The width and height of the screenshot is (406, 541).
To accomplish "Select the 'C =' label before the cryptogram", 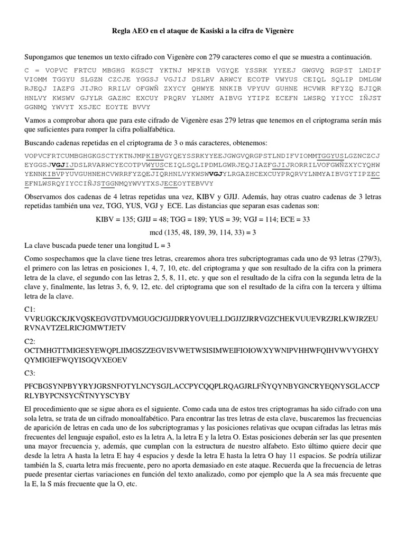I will click(30, 70).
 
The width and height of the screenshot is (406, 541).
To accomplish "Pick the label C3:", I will click(30, 374).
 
